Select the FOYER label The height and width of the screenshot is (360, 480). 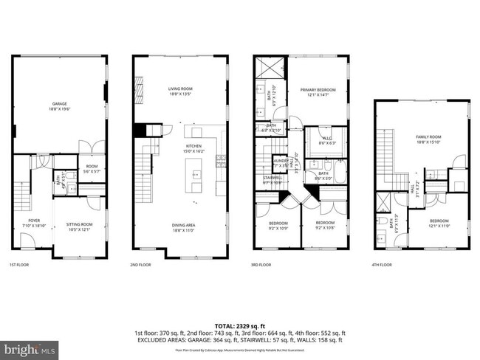point(33,220)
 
